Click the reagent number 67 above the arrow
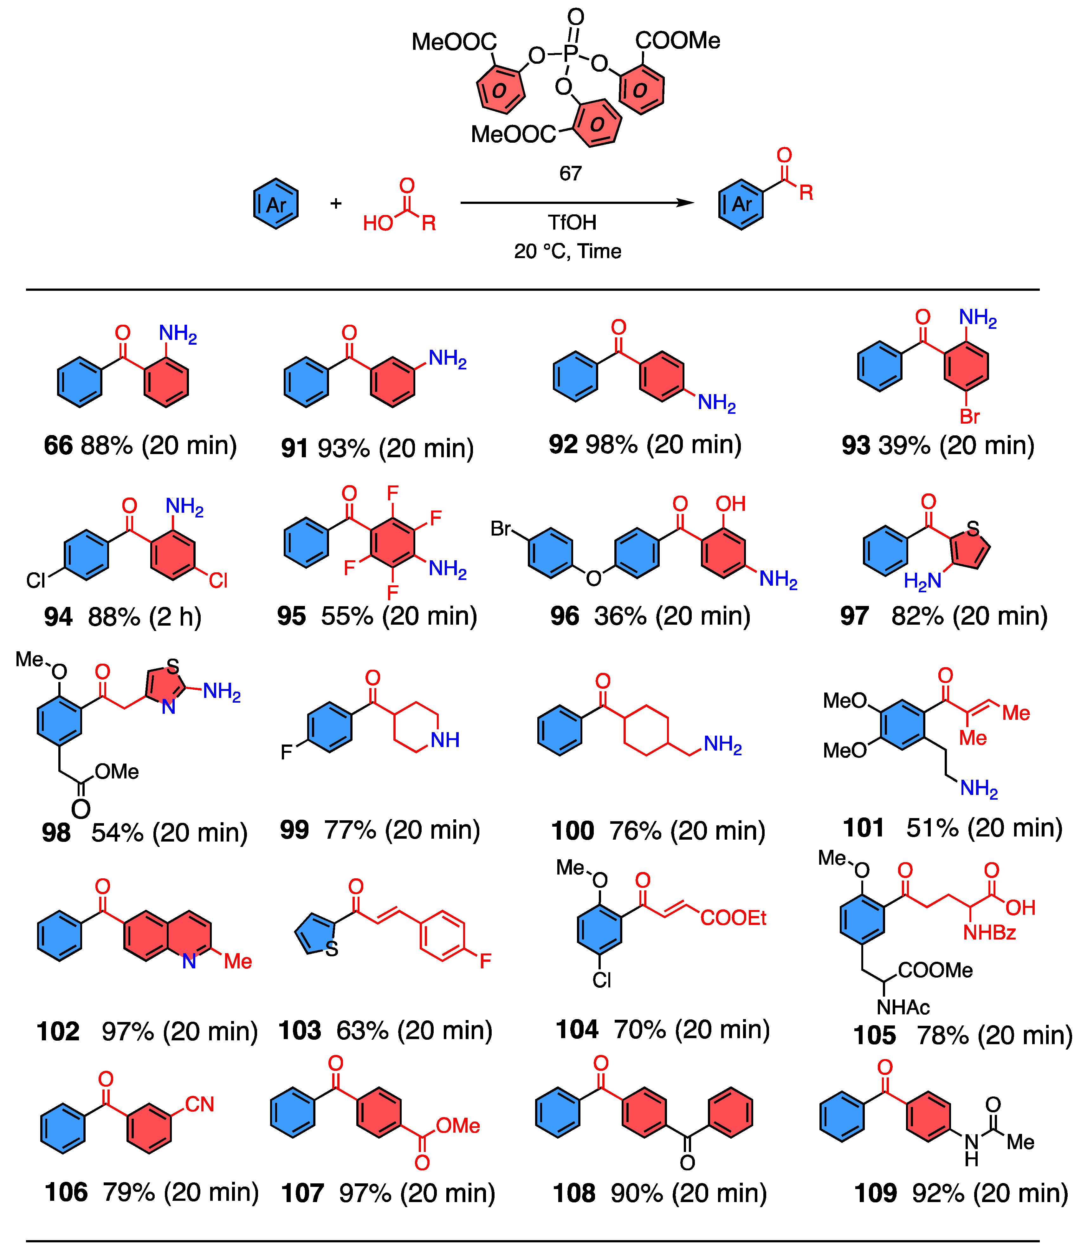click(570, 174)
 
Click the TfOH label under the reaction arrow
click(572, 223)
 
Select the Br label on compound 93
click(970, 416)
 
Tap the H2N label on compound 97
click(922, 581)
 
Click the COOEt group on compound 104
click(733, 918)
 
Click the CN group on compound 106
click(200, 1104)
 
